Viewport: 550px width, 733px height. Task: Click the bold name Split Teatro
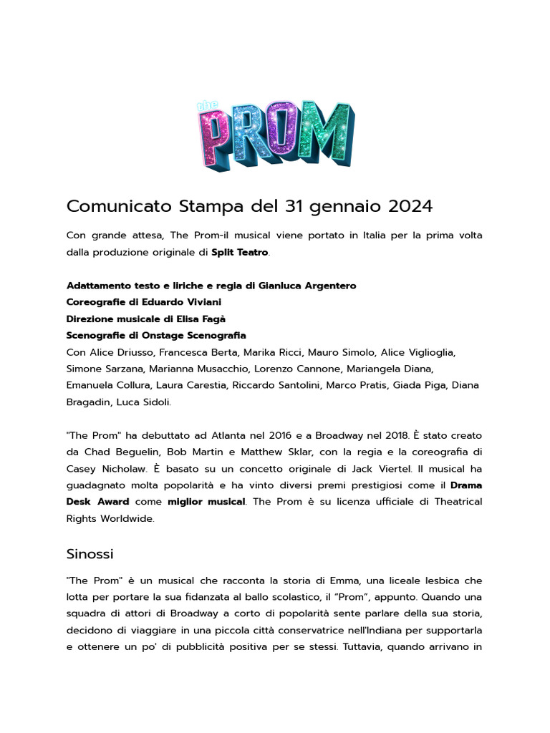click(239, 252)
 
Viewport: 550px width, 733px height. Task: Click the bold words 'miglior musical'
click(206, 502)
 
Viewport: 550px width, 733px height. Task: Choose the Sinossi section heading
click(90, 554)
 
